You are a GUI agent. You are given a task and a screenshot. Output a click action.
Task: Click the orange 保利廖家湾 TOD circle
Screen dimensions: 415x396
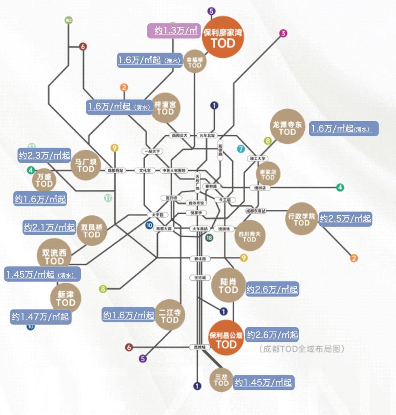click(x=223, y=37)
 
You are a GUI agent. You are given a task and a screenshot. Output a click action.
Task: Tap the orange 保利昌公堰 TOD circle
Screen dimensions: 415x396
click(x=226, y=339)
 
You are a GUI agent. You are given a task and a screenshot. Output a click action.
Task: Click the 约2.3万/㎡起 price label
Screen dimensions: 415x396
click(x=44, y=156)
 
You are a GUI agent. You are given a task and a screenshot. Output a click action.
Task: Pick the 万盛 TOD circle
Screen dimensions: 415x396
click(x=44, y=180)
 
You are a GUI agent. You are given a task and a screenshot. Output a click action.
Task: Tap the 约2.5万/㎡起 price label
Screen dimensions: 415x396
click(x=345, y=219)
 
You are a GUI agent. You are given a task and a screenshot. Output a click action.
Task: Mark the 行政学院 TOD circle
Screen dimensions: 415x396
click(x=301, y=219)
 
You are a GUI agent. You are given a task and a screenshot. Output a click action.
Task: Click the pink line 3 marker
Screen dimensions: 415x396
click(x=283, y=33)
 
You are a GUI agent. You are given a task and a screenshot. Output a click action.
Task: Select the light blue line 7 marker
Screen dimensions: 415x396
click(x=241, y=149)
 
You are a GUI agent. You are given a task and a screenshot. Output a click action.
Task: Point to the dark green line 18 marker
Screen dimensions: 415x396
click(x=209, y=238)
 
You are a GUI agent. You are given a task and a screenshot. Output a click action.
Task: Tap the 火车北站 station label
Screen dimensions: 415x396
click(x=207, y=136)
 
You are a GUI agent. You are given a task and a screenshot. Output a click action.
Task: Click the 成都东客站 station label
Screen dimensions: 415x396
click(x=256, y=211)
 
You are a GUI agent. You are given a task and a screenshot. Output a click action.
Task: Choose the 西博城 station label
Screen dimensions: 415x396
click(x=200, y=347)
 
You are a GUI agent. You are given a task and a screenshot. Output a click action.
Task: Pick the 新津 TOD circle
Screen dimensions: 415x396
click(x=66, y=298)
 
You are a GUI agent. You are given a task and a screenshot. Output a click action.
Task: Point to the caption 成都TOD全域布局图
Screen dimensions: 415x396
click(x=301, y=349)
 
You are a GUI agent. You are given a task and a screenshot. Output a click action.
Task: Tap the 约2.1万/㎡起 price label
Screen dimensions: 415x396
click(x=49, y=227)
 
